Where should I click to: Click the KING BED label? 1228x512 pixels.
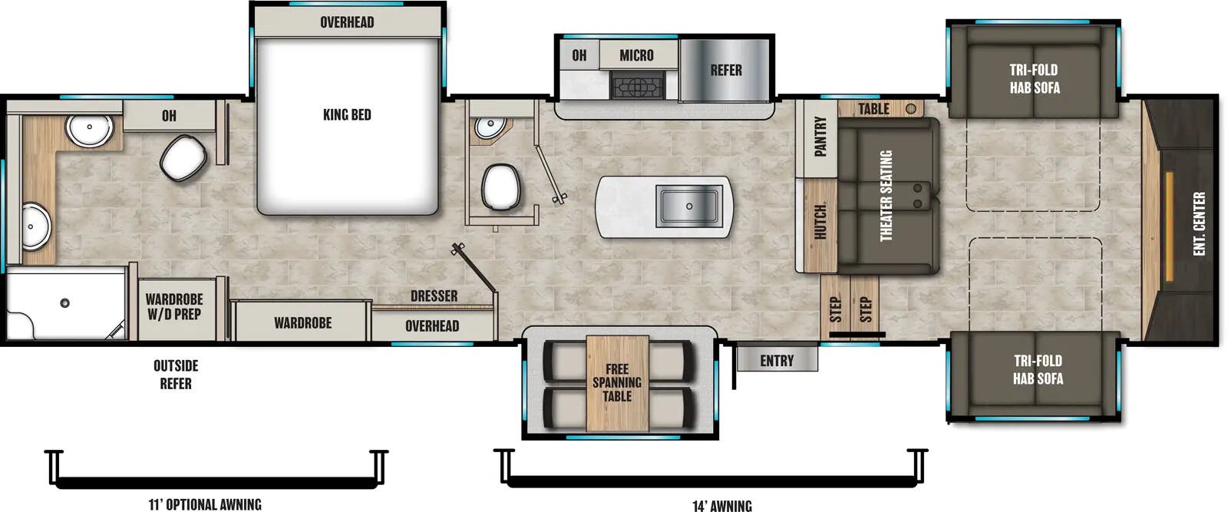click(x=347, y=115)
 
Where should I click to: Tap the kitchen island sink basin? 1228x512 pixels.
click(x=688, y=206)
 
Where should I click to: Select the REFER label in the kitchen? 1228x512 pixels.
click(x=725, y=71)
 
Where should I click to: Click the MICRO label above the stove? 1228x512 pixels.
click(x=636, y=55)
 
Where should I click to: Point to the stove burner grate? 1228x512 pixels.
click(x=636, y=86)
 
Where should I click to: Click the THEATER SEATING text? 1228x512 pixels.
click(x=886, y=196)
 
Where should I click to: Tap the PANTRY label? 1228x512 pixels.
click(x=820, y=137)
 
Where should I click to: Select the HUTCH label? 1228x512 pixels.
click(x=820, y=222)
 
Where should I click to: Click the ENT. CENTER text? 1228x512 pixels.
click(x=1200, y=223)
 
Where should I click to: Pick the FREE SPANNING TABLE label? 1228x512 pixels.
click(x=616, y=382)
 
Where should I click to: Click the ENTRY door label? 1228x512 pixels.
click(x=777, y=361)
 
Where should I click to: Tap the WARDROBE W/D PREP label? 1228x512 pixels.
click(x=174, y=306)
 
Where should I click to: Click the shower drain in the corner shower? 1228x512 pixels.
click(x=65, y=303)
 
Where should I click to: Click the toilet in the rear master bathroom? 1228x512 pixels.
click(x=183, y=157)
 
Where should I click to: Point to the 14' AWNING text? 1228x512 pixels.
click(x=721, y=505)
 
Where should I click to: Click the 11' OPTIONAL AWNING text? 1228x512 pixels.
click(x=205, y=504)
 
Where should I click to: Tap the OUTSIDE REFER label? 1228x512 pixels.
click(x=176, y=374)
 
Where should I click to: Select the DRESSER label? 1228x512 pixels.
click(x=434, y=296)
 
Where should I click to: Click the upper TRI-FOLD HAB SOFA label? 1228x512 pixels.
click(x=1034, y=78)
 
